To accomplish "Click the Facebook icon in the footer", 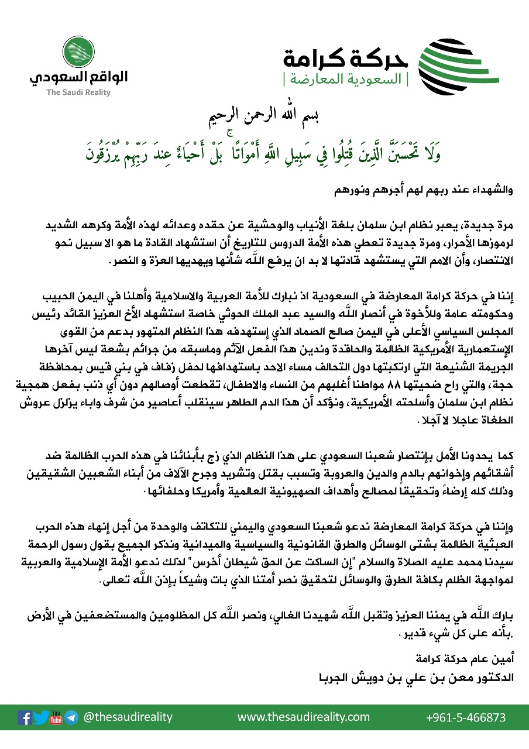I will [x=25, y=717].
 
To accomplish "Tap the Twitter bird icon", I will [x=40, y=717].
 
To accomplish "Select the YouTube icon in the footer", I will [x=56, y=717].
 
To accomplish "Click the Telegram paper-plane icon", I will [x=71, y=717].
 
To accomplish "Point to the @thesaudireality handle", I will [x=128, y=717].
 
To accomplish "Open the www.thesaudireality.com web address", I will [x=303, y=717].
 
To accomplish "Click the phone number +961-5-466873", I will [x=466, y=717].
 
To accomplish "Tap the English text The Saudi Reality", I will [x=78, y=92].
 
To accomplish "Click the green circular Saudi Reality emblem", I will [x=78, y=52].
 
